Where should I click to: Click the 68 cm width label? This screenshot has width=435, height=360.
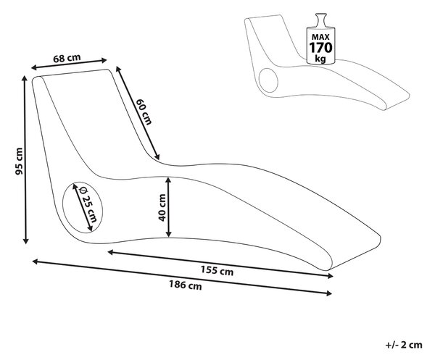[x=67, y=58]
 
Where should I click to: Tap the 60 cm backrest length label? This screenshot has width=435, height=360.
[x=144, y=112]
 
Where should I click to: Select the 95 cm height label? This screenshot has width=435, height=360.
[x=19, y=162]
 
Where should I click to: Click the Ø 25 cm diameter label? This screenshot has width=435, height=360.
[x=88, y=205]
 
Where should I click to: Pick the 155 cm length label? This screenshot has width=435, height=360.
[x=217, y=270]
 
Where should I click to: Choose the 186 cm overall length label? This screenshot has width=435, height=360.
[x=186, y=285]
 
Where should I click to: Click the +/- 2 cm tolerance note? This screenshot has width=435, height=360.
[x=404, y=345]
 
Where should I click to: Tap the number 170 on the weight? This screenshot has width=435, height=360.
[x=320, y=48]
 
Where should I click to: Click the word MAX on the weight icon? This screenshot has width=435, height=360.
[x=320, y=37]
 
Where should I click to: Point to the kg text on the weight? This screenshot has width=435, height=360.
[x=320, y=59]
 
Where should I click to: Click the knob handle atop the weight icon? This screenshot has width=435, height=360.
[x=320, y=20]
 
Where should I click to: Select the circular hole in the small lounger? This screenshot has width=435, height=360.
[x=268, y=80]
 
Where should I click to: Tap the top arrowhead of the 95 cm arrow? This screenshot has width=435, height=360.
[x=25, y=78]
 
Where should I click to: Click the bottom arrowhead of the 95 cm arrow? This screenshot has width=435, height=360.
[x=25, y=240]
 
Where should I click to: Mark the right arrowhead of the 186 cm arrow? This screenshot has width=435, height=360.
[x=329, y=293]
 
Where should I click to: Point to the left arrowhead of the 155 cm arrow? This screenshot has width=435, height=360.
[x=110, y=252]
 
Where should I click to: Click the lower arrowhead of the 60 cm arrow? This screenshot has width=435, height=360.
[x=157, y=157]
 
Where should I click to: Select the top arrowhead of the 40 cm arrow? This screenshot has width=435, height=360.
[x=168, y=180]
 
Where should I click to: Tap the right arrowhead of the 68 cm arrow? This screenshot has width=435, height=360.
[x=104, y=60]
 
